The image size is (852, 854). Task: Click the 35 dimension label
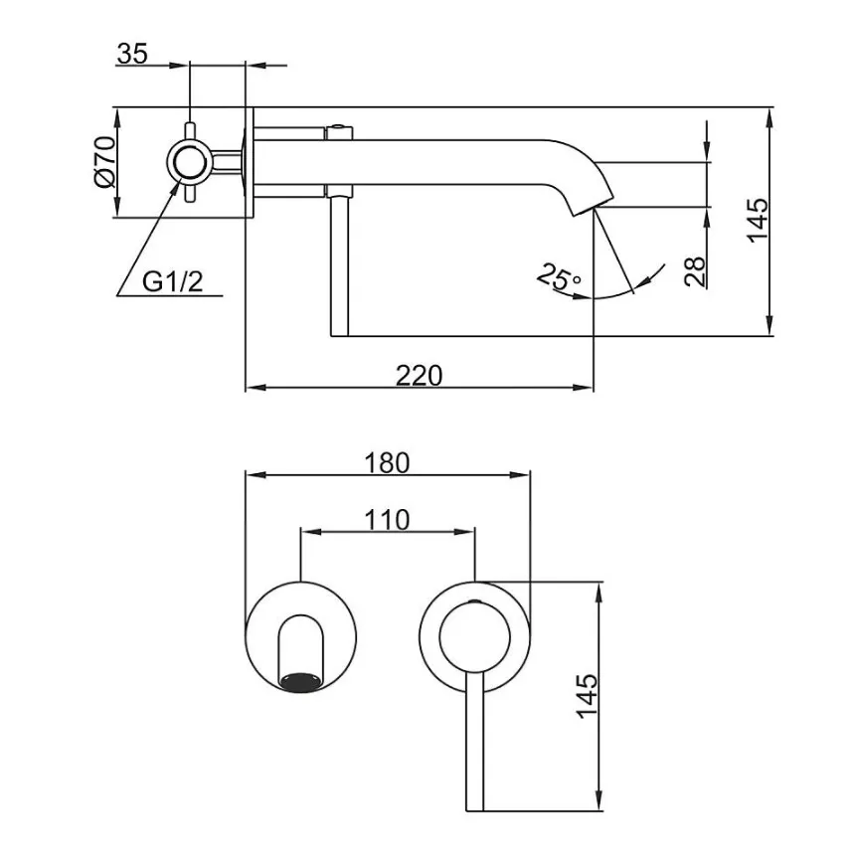click(x=132, y=54)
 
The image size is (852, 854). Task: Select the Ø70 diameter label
click(x=104, y=162)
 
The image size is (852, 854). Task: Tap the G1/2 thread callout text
click(x=173, y=282)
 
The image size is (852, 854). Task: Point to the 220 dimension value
click(x=419, y=375)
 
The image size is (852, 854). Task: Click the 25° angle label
click(x=559, y=276)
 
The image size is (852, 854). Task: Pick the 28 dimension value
click(x=695, y=271)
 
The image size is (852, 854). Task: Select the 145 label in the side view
click(x=758, y=221)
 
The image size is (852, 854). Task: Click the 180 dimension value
click(x=387, y=463)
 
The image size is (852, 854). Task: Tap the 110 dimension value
click(x=387, y=520)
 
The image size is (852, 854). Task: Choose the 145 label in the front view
click(x=588, y=697)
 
